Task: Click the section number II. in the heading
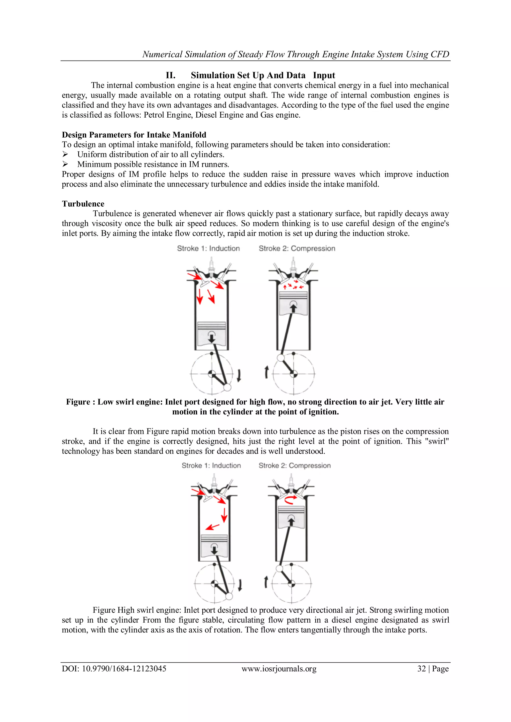170,76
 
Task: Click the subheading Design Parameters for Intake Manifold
134,135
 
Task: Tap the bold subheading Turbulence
83,204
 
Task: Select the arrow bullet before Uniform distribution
65,155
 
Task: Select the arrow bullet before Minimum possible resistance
65,164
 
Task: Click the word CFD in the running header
440,54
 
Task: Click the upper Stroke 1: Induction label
208,248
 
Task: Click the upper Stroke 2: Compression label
297,248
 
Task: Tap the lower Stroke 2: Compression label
294,465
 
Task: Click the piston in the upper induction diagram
211,333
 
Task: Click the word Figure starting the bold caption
78,402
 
